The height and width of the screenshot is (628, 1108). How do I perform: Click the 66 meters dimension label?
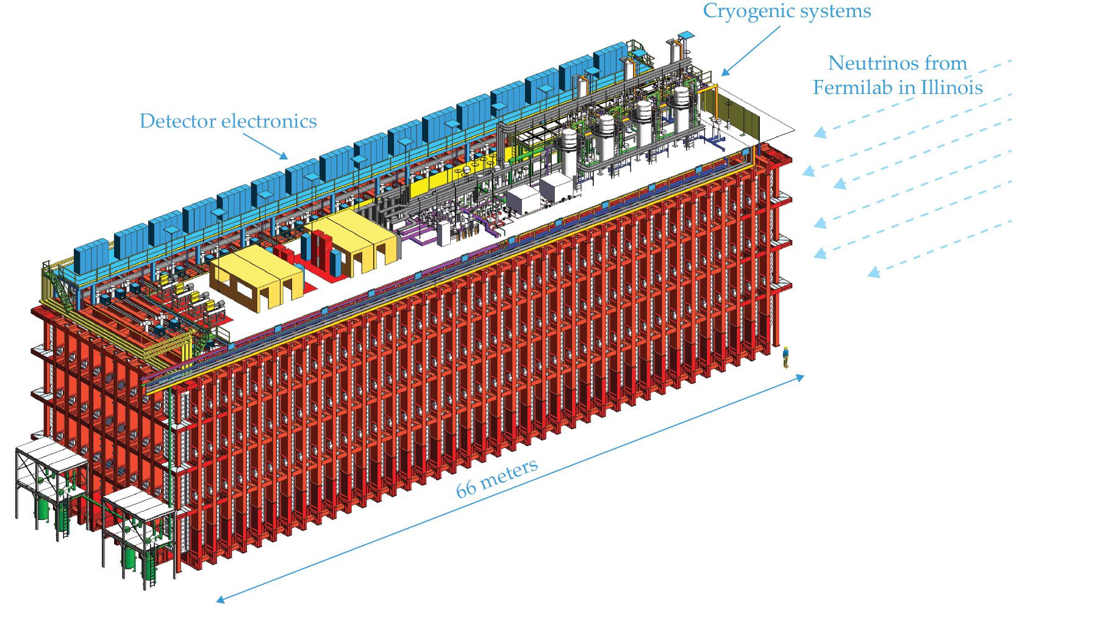coord(497,477)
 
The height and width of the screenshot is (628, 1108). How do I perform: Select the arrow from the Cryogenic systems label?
coord(750,51)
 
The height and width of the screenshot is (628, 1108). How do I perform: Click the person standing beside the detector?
coord(786,357)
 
